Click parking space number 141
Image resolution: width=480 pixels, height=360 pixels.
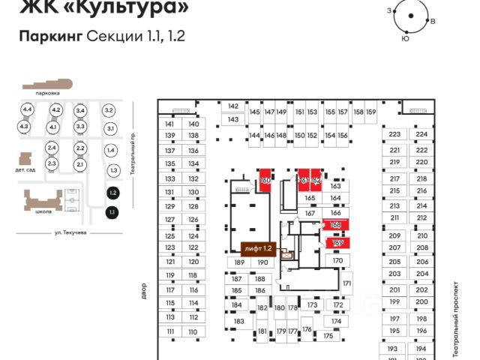[169, 124]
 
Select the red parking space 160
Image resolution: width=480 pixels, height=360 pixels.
[265, 180]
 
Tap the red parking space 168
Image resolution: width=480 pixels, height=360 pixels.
[337, 225]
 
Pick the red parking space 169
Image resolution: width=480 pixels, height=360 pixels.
[337, 242]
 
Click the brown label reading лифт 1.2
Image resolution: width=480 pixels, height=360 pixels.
[257, 247]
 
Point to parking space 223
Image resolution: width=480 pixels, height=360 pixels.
[394, 135]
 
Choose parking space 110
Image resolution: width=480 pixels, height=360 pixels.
[193, 331]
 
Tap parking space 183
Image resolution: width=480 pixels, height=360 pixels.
[238, 321]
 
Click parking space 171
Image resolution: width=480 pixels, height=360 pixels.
[346, 283]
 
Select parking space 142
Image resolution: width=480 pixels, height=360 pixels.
[232, 106]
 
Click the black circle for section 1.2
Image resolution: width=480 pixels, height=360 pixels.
[112, 193]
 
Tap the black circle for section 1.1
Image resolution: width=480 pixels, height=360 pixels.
[111, 212]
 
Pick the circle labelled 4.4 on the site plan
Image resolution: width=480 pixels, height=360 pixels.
[28, 110]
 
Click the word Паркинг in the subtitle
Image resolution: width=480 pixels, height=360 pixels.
[50, 36]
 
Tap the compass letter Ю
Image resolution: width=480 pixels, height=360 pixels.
[405, 38]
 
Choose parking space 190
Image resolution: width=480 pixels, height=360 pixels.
[262, 262]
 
